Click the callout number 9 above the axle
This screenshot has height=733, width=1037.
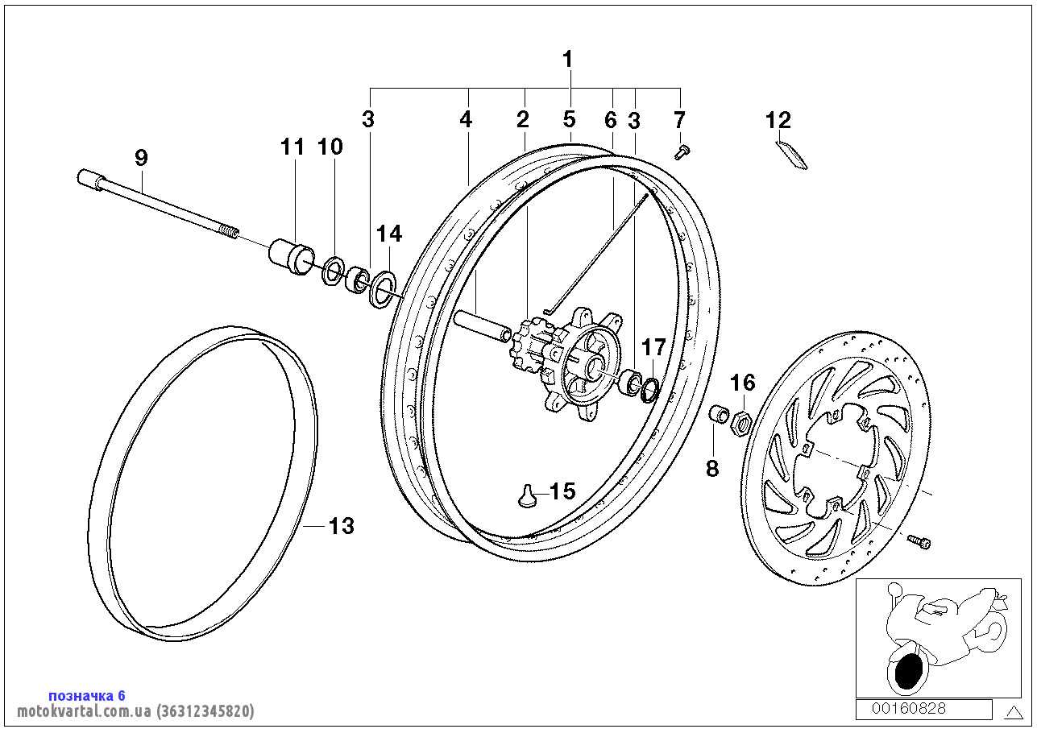click(141, 158)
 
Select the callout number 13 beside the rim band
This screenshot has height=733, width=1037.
click(342, 526)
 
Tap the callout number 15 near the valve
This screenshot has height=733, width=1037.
click(562, 491)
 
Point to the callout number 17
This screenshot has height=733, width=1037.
click(653, 348)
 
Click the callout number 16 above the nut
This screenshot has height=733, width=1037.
click(744, 382)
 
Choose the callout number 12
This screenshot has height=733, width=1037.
click(778, 121)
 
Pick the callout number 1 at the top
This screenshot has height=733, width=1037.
click(568, 59)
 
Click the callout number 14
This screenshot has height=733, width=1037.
click(388, 234)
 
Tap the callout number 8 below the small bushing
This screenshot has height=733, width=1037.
click(712, 469)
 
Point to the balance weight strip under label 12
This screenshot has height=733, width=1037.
click(791, 155)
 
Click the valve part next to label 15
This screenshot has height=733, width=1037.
click(528, 496)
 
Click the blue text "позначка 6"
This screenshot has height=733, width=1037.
click(87, 695)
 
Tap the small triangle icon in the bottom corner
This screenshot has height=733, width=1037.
click(1012, 710)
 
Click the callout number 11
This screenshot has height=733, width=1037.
click(292, 147)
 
